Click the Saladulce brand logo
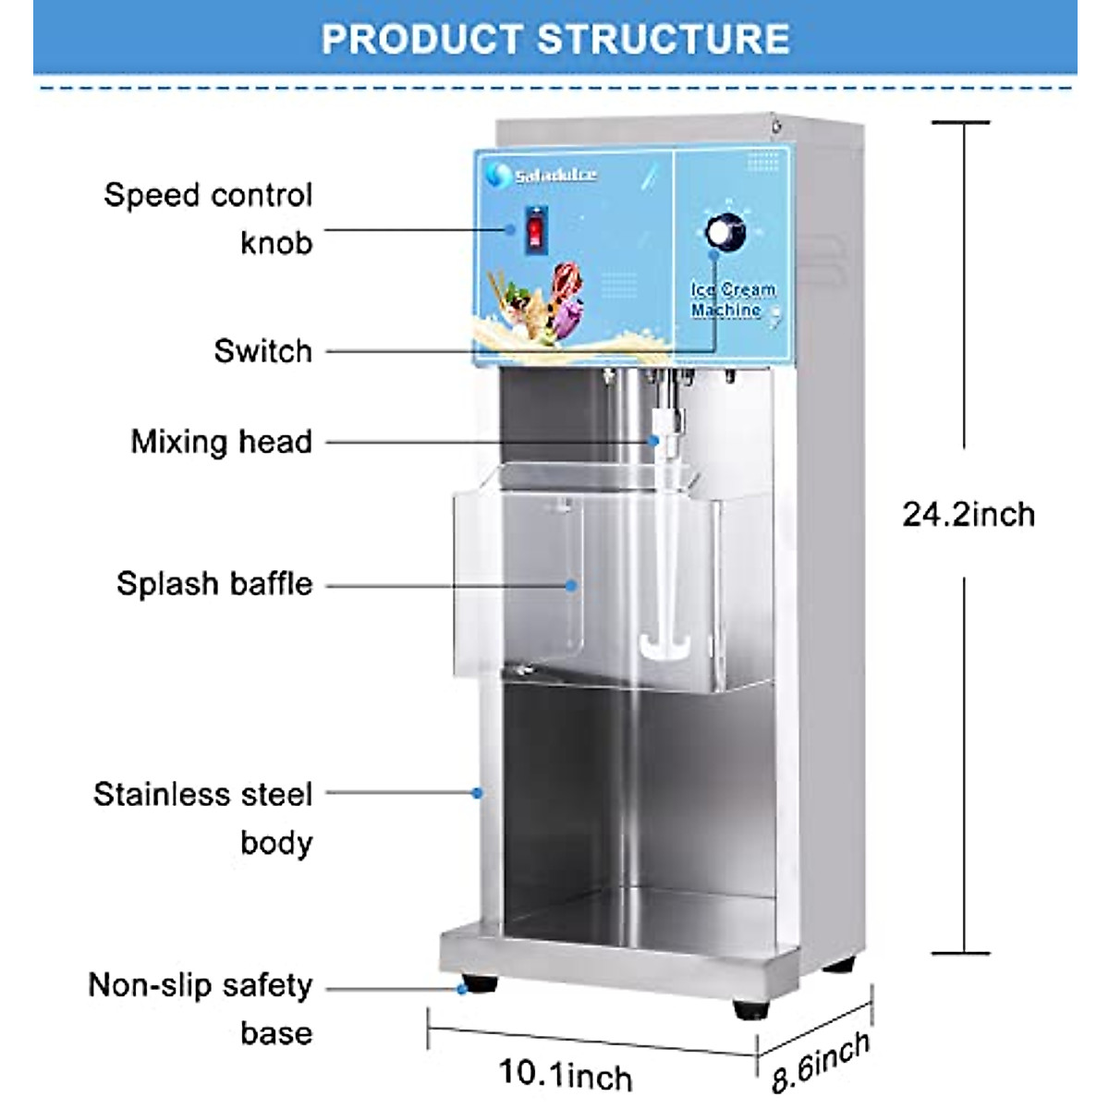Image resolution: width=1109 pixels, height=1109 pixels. pos(544,175)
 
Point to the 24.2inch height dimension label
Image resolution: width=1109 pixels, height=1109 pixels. pos(969,514)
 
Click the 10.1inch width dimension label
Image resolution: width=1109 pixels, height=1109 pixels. pos(566,1074)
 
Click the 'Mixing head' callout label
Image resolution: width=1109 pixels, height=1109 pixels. pos(222,442)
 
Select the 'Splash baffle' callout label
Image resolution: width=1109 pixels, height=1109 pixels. pos(214,584)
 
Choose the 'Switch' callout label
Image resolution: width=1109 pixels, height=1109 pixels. pos(263,351)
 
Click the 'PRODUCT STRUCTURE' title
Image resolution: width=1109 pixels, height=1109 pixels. pos(554,39)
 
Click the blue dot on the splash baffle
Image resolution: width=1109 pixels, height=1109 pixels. pos(572,585)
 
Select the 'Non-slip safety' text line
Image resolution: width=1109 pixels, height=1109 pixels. pos(201,985)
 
